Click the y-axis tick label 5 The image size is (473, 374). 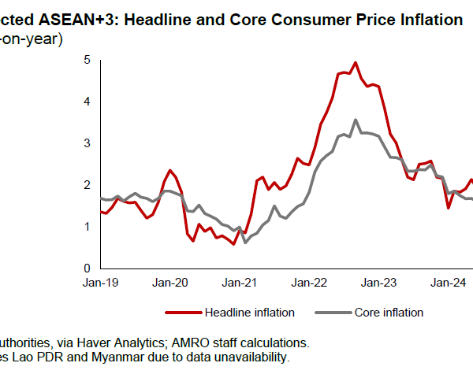[88, 60]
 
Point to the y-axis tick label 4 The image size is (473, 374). [88, 102]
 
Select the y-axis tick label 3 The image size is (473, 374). [88, 143]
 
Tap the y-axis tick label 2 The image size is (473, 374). [88, 185]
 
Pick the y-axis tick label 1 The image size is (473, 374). [88, 227]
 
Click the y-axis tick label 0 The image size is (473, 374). [88, 268]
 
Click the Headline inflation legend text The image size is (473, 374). [249, 313]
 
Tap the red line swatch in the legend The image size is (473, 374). [182, 313]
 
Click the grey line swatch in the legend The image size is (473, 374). [330, 313]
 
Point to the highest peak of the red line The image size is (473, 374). [356, 62]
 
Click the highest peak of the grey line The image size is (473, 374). [356, 120]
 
